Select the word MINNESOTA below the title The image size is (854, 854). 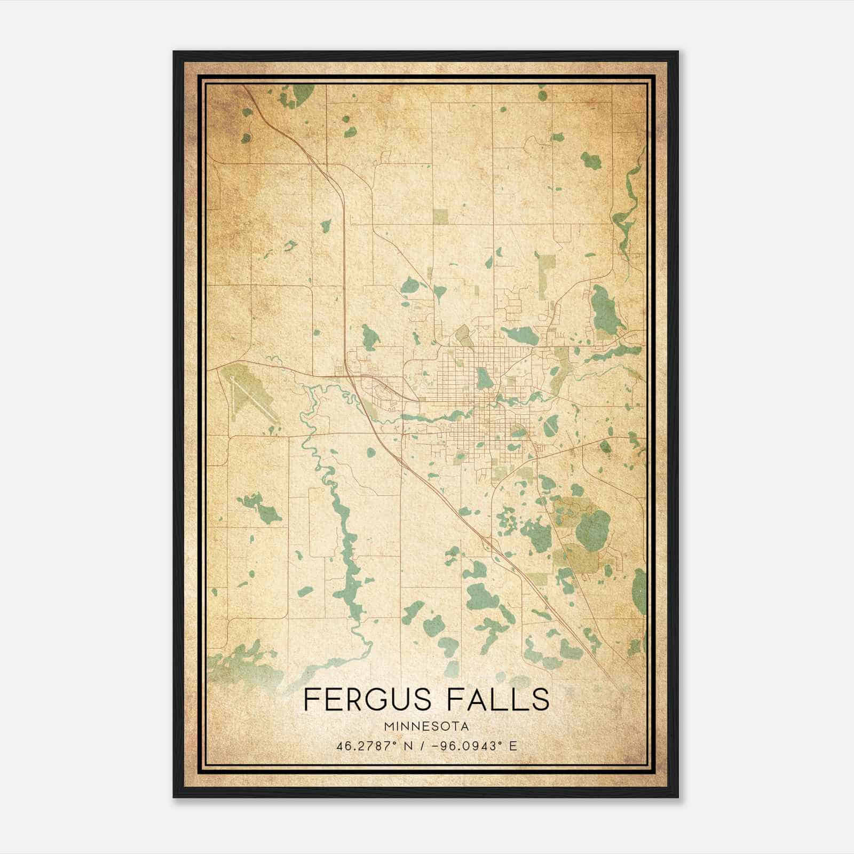pyautogui.click(x=426, y=726)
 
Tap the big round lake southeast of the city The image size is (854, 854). pyautogui.click(x=592, y=526)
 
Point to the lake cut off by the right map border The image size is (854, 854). pyautogui.click(x=639, y=591)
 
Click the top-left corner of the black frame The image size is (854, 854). pyautogui.click(x=175, y=52)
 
